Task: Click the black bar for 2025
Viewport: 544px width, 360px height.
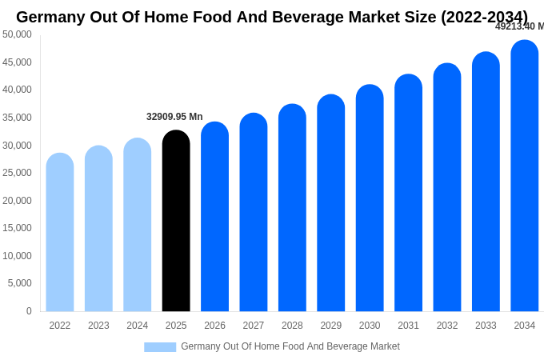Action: point(176,221)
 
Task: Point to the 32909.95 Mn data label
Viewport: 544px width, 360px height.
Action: point(174,117)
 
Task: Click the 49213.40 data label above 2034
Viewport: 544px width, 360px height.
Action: point(518,26)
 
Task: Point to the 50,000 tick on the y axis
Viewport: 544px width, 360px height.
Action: point(17,34)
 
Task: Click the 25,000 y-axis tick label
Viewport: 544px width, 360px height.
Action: point(17,173)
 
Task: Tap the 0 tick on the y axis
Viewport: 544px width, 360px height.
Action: point(29,311)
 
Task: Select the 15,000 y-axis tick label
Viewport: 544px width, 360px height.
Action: point(17,228)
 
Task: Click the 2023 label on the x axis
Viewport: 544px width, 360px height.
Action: point(98,326)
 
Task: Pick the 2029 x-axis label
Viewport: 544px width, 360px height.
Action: point(331,326)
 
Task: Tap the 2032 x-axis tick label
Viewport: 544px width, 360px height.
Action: point(447,326)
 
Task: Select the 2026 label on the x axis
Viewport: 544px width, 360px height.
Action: point(214,326)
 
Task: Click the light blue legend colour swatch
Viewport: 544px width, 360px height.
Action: point(160,347)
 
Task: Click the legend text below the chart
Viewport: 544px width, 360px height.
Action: point(290,346)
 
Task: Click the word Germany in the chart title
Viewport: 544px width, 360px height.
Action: point(52,17)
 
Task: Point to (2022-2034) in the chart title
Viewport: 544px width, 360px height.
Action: point(484,17)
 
